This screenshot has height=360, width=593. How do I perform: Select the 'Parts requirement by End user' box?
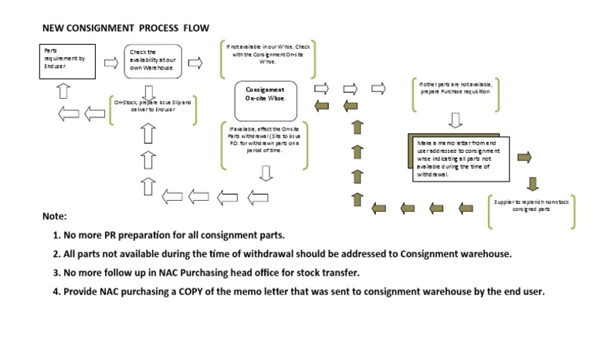click(66, 62)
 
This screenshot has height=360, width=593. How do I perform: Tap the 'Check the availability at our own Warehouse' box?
click(152, 62)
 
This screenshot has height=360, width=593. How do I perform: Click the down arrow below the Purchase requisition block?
click(455, 119)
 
